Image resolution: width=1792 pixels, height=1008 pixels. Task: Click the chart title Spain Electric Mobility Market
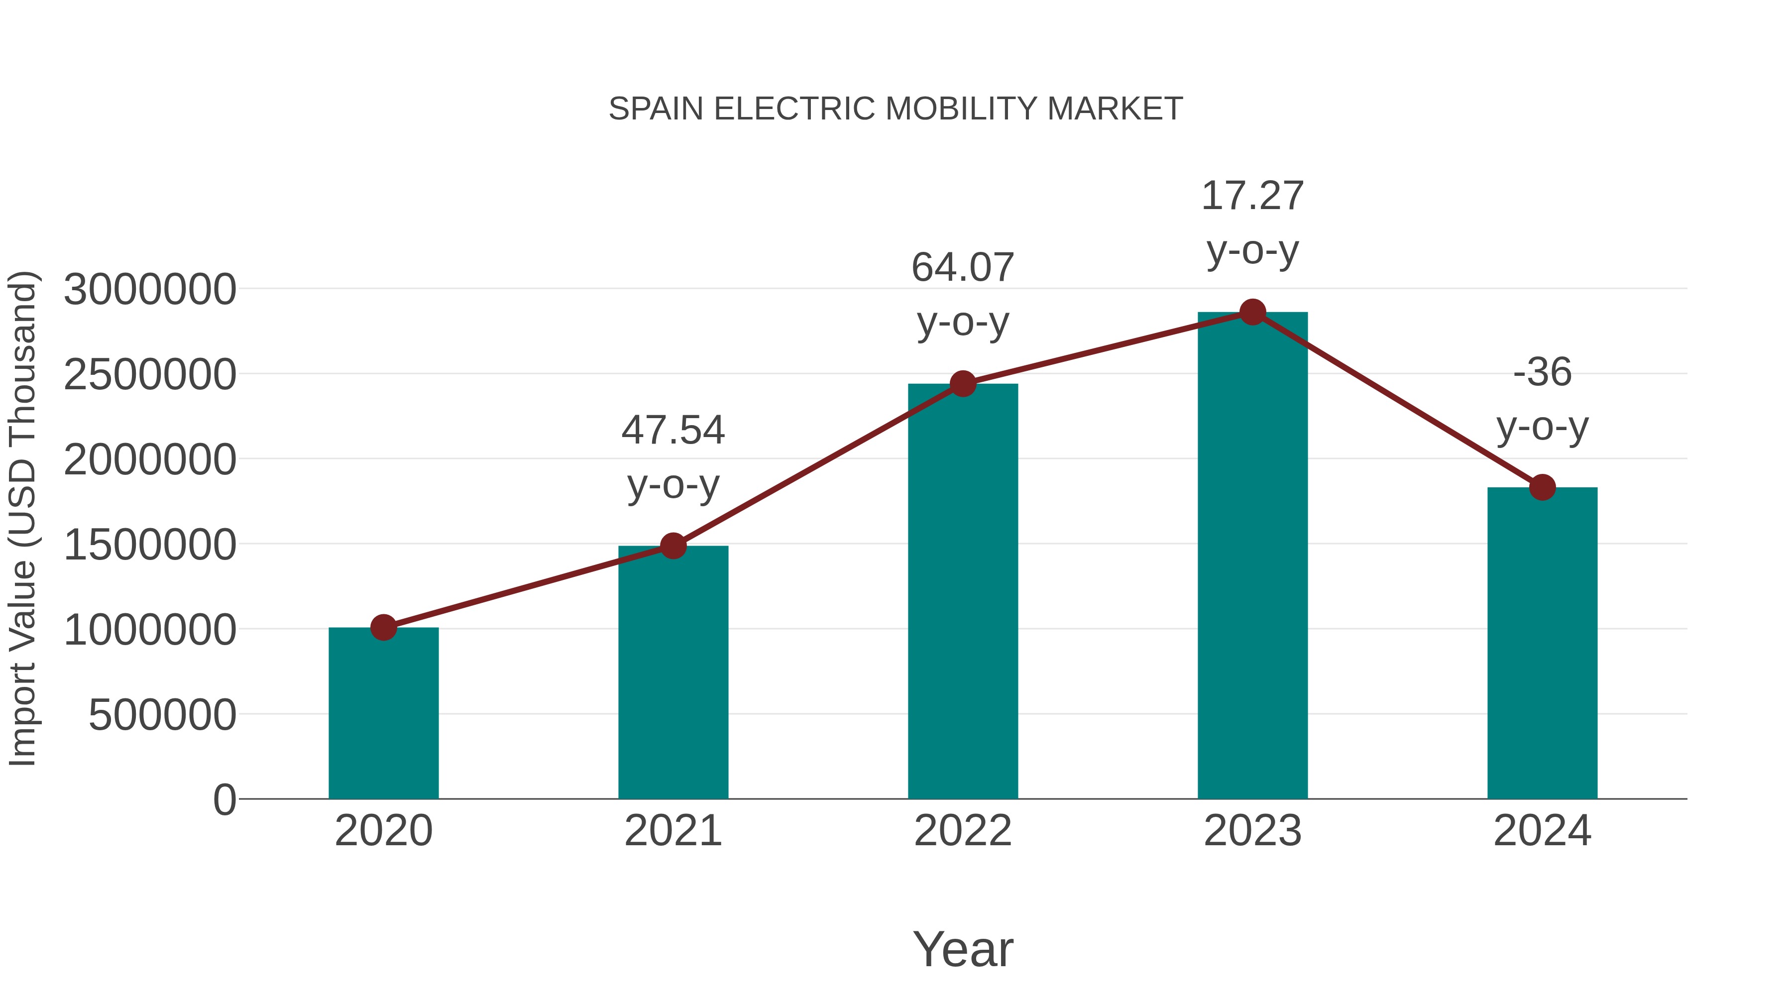coord(896,109)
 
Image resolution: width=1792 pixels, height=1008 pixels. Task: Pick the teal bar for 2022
coord(963,591)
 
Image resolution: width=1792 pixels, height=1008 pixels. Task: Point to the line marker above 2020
coord(383,628)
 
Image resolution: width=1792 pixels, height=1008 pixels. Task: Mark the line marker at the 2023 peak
coord(1252,312)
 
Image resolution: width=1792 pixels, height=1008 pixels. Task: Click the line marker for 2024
coord(1542,487)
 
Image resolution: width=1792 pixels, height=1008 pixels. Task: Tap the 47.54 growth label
coord(672,430)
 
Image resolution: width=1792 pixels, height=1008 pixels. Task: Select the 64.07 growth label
coord(963,268)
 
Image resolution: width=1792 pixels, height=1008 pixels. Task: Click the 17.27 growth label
coord(1252,196)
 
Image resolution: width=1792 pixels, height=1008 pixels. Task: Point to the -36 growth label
coord(1542,372)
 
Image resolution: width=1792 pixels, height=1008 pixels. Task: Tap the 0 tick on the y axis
coord(224,799)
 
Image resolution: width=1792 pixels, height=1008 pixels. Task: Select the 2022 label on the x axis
coord(963,831)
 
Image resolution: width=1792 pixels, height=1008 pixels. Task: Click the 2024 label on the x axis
coord(1542,831)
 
